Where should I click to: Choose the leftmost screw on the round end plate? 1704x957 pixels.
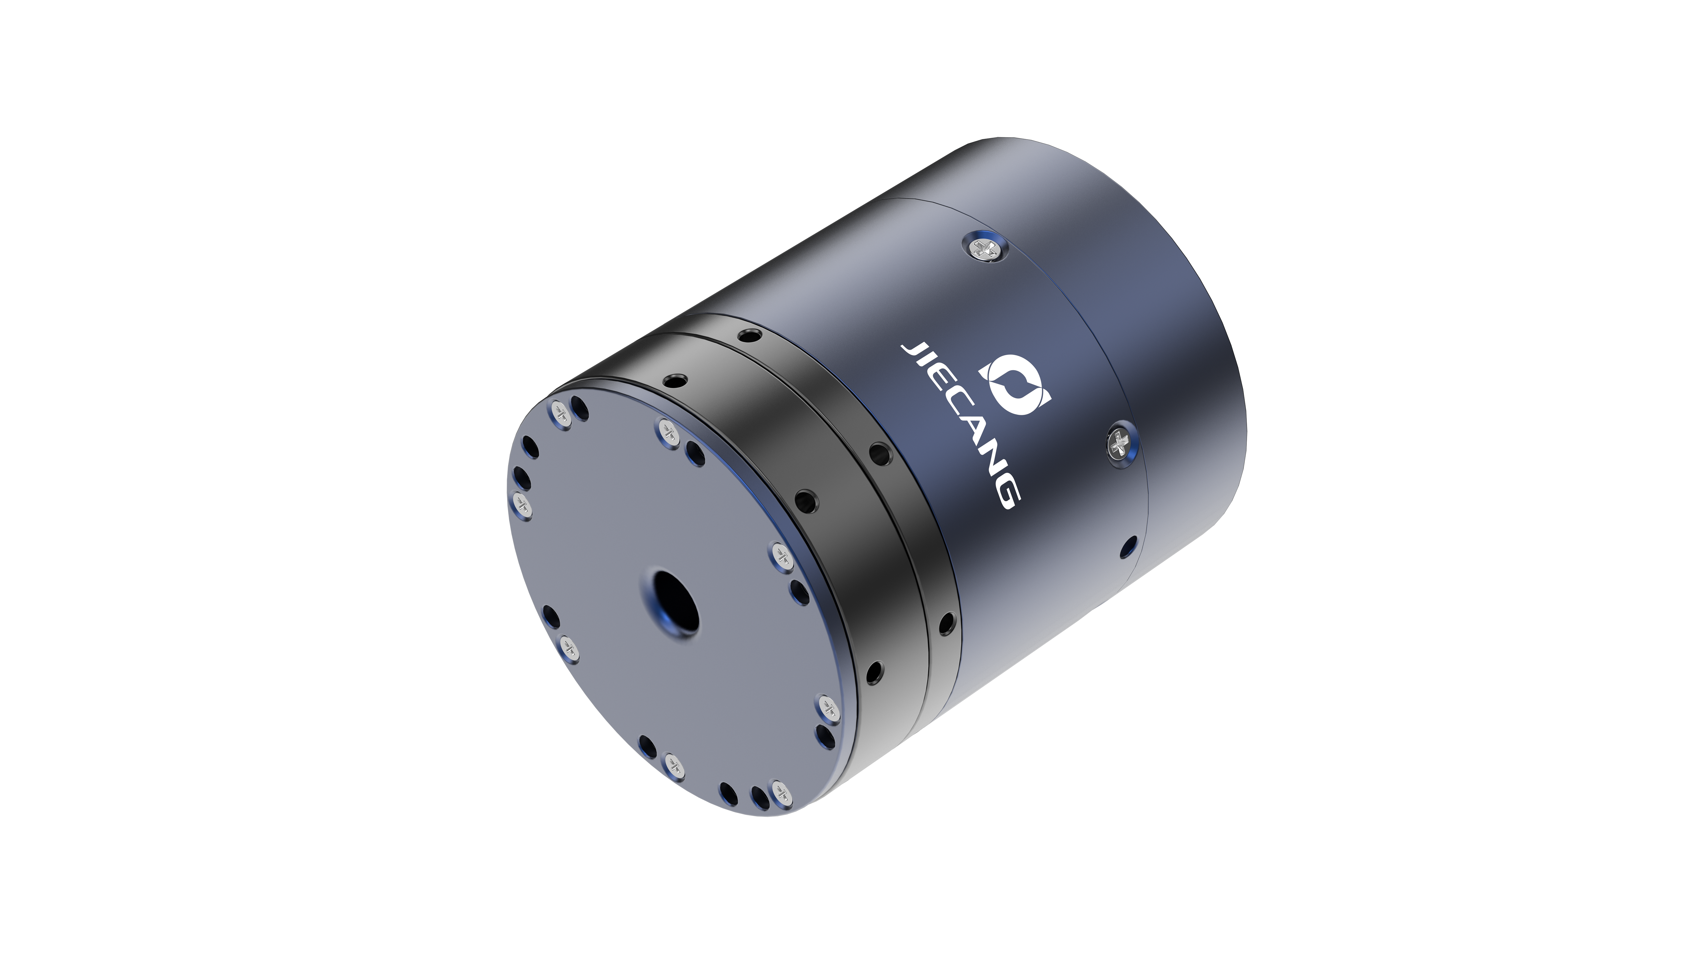522,504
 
